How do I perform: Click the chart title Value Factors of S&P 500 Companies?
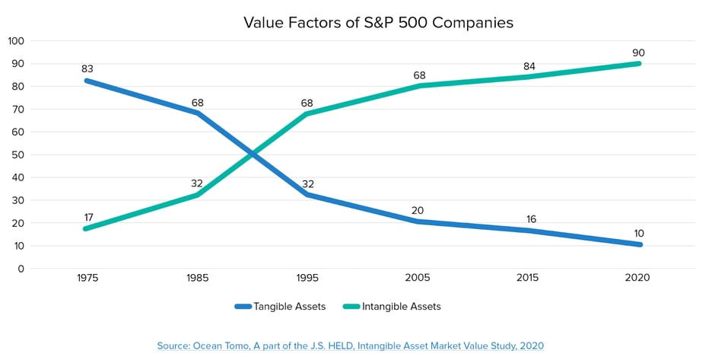[x=378, y=22]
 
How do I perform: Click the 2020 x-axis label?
[x=637, y=278]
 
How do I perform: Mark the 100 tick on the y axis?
[x=16, y=40]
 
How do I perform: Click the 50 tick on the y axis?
[x=18, y=155]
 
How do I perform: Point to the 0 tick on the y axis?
[x=21, y=269]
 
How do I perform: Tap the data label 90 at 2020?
[x=638, y=53]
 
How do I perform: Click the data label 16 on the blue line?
[x=529, y=219]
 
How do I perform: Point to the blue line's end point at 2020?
[x=639, y=244]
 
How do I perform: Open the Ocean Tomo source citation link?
[x=351, y=346]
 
